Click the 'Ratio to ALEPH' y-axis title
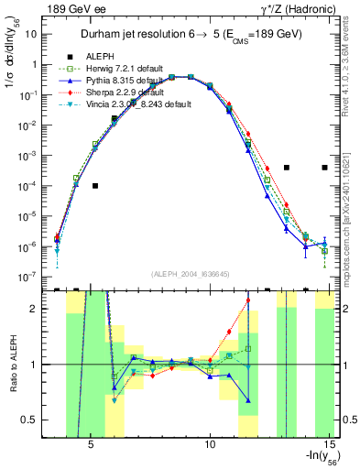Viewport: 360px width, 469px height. (11, 364)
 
